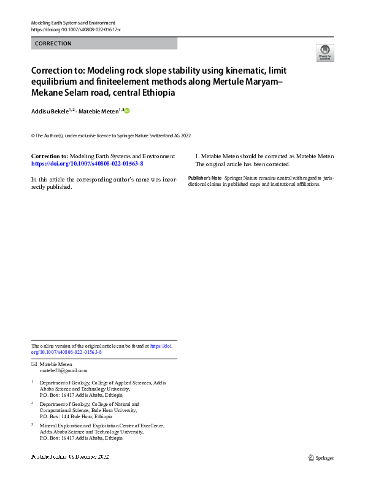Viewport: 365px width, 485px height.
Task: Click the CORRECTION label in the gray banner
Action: [53, 44]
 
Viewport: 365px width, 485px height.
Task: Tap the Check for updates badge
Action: [325, 52]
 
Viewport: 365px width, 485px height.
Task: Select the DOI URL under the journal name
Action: [75, 29]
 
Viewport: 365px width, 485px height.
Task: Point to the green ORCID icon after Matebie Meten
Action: [128, 110]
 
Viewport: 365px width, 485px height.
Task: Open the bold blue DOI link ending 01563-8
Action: [87, 164]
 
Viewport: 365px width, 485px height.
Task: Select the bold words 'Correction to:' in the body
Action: [50, 156]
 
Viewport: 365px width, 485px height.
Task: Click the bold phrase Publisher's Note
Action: [205, 178]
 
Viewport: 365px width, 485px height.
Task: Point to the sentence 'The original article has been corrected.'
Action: [242, 164]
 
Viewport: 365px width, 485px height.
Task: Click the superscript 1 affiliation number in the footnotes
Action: [33, 381]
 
